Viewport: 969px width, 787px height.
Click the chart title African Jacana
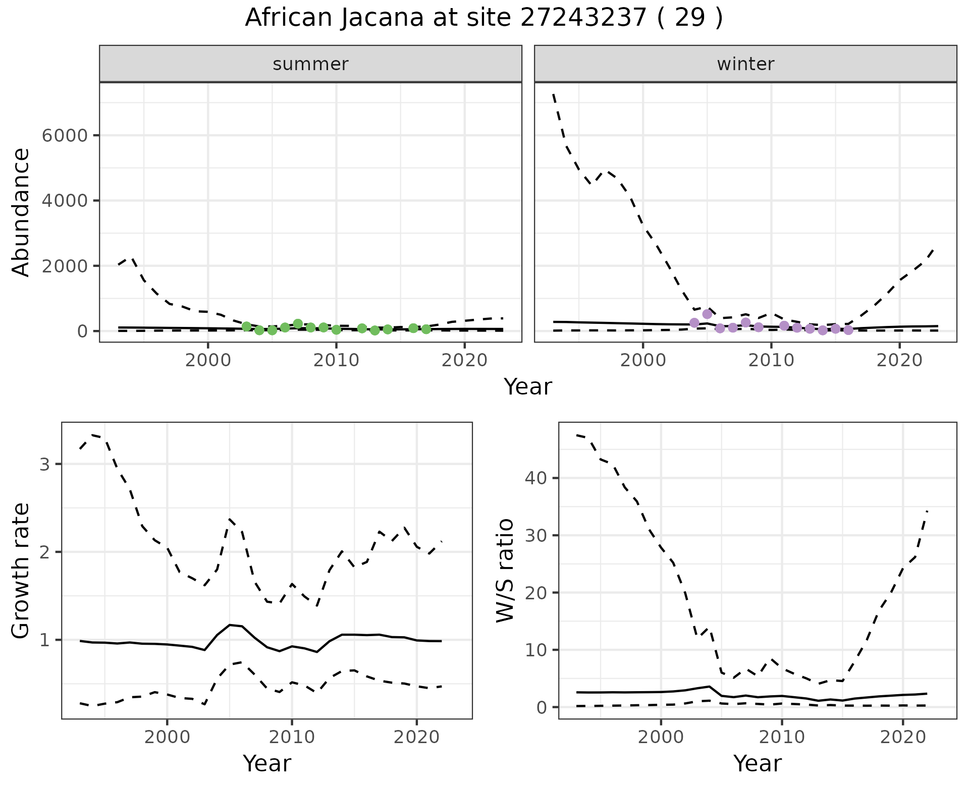pos(483,18)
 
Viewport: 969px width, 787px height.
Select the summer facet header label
pos(310,64)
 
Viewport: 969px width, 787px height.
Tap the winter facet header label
pos(745,64)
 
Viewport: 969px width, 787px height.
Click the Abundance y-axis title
pos(21,212)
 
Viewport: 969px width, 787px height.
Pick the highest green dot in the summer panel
pos(298,324)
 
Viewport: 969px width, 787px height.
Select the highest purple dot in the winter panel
pos(707,314)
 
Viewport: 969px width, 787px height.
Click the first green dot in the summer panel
pos(246,326)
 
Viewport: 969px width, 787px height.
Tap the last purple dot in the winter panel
pos(848,330)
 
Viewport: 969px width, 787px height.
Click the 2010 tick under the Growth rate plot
pos(291,737)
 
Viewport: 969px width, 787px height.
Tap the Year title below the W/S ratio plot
pos(757,763)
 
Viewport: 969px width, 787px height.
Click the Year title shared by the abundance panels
pos(528,387)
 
